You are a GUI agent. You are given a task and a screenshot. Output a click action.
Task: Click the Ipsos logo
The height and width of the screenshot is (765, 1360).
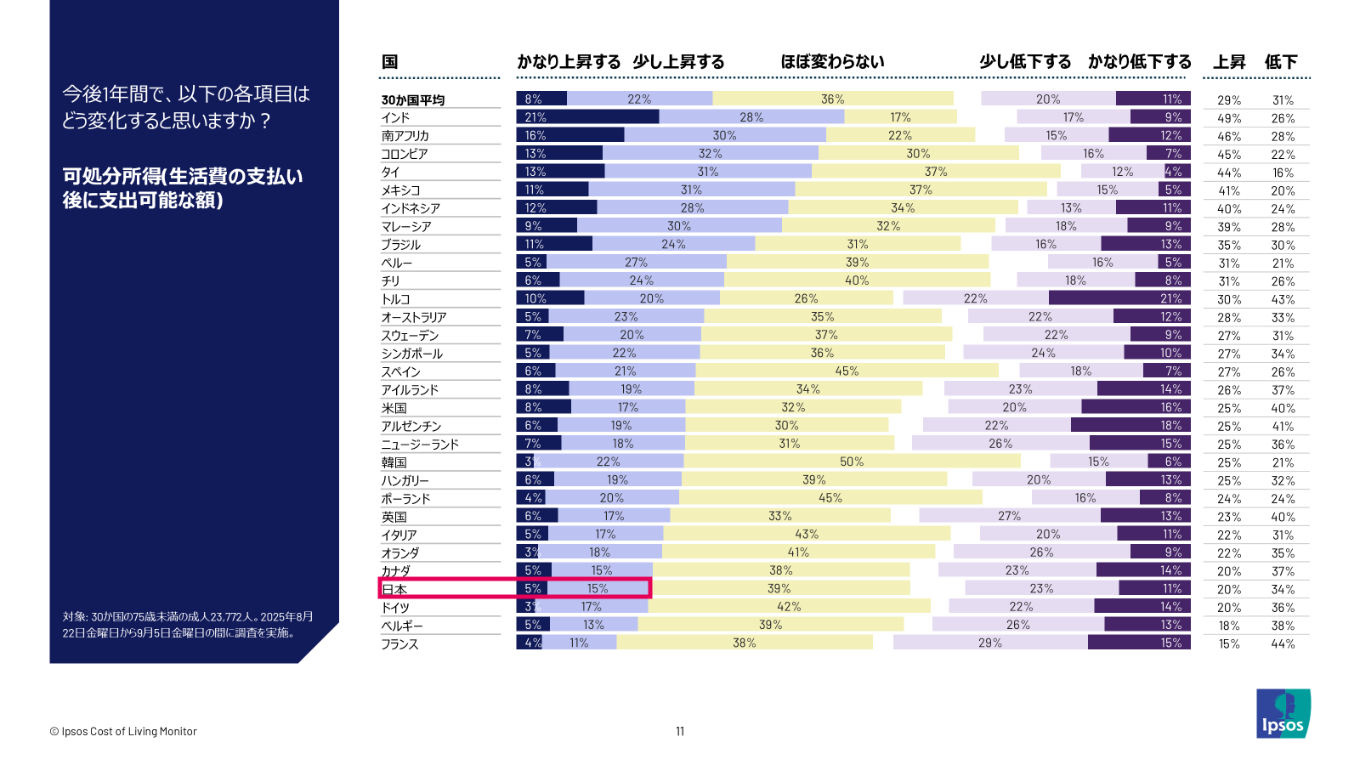click(x=1283, y=713)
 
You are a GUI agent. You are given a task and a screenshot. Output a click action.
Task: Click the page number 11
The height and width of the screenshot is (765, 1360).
click(x=680, y=731)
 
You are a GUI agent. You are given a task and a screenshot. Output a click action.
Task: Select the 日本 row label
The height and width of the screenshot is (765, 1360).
click(x=394, y=589)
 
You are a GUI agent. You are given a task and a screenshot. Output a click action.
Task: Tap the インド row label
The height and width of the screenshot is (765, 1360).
click(x=395, y=117)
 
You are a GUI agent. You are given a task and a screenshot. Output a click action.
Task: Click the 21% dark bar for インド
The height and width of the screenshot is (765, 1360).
click(x=586, y=117)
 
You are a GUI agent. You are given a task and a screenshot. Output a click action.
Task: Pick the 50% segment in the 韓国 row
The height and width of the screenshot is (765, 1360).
click(x=852, y=462)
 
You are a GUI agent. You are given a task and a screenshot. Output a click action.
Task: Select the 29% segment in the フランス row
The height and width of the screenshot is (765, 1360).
click(x=990, y=643)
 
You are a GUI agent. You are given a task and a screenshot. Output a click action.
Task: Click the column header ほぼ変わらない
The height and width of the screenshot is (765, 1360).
click(x=832, y=62)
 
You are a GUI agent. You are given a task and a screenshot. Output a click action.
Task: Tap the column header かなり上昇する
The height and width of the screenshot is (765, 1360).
click(x=569, y=62)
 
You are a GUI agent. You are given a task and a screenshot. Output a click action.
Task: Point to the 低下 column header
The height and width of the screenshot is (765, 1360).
click(x=1281, y=62)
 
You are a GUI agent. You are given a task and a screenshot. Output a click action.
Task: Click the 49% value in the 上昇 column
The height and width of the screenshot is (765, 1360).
click(x=1229, y=118)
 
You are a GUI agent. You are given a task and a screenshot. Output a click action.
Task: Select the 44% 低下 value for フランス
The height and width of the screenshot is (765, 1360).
click(x=1283, y=643)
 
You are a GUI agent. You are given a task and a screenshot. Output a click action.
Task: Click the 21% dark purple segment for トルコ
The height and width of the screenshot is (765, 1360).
click(x=1119, y=298)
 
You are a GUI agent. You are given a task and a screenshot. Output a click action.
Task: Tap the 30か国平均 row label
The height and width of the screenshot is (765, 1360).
click(x=412, y=99)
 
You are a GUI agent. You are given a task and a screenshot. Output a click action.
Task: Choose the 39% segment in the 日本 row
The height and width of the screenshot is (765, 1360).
click(x=779, y=588)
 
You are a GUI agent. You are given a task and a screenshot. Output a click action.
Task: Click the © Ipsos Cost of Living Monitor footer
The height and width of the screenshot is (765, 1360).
click(x=123, y=731)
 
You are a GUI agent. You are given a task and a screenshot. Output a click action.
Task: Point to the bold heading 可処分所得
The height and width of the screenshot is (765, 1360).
click(x=182, y=188)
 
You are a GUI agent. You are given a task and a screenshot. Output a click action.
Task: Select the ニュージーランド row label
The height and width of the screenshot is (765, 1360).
click(x=420, y=444)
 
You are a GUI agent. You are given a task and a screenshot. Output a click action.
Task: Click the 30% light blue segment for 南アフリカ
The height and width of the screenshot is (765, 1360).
click(x=724, y=135)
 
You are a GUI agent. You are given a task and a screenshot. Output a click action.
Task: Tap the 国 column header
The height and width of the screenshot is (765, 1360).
click(x=389, y=62)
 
